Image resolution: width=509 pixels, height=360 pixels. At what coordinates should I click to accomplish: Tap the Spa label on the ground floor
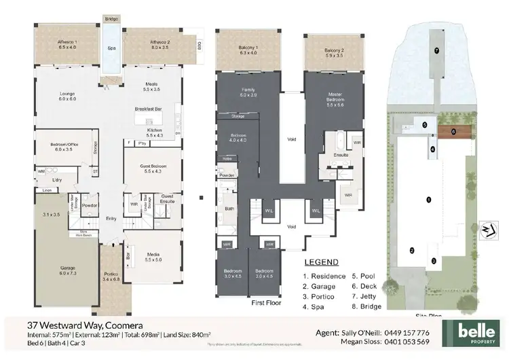point(111,48)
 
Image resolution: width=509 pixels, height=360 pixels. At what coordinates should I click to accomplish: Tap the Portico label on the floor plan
point(110,275)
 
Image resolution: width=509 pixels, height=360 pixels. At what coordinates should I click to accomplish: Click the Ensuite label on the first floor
point(341,155)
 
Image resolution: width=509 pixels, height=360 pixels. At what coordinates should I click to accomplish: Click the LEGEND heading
point(322,262)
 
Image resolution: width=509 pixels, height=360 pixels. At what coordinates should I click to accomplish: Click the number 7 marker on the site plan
point(436,51)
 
